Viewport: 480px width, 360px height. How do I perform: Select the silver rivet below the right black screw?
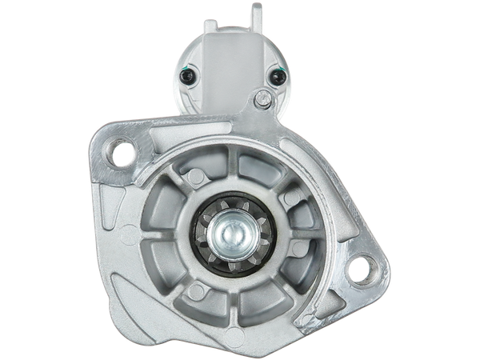(x=262, y=98)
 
